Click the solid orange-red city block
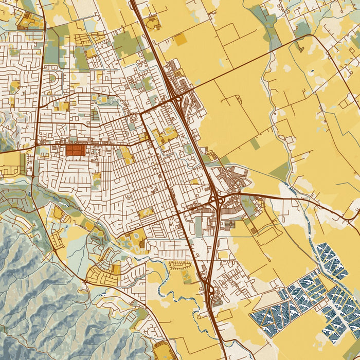click(x=74, y=150)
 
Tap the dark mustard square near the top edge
click(x=180, y=39)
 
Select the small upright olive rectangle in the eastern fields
click(x=255, y=144)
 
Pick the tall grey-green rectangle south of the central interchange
click(x=199, y=227)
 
